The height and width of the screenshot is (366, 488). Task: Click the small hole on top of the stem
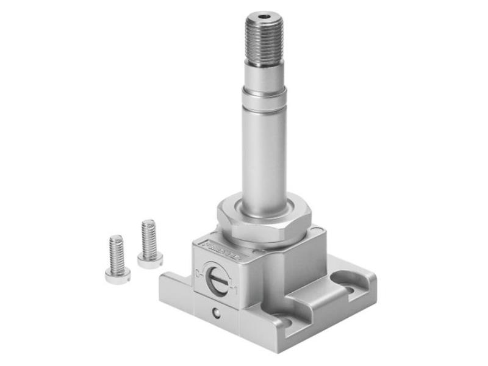point(264,17)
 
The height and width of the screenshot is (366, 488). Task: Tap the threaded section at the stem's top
point(264,40)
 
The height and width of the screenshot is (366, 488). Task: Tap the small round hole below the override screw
point(216,313)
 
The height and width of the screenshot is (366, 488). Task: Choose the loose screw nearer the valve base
point(149,244)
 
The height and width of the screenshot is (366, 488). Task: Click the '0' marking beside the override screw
point(200,271)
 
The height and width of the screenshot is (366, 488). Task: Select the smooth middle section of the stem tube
point(264,152)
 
